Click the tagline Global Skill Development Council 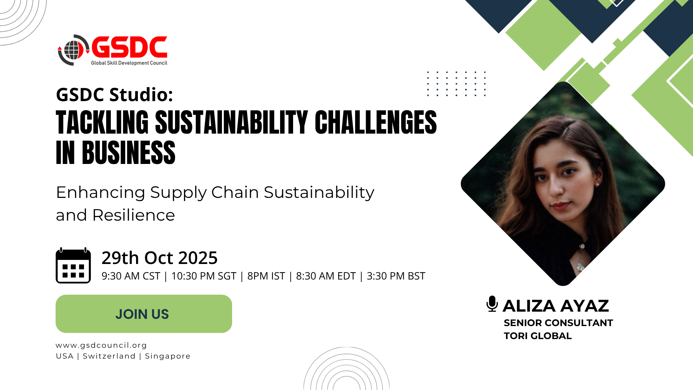coord(129,63)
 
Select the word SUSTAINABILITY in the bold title coord(231,122)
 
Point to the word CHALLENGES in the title coord(376,122)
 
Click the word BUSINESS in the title coord(128,153)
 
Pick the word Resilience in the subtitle coord(134,215)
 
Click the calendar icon coord(73,265)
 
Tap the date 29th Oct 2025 coord(160,258)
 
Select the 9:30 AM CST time coord(131,276)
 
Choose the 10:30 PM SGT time coord(204,276)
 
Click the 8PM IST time coord(266,276)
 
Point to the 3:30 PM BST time coord(396,276)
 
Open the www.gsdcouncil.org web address coord(101,346)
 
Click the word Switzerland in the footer coord(109,356)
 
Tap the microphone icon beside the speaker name coord(492,304)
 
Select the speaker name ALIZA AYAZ coord(556,306)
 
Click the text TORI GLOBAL coord(538,336)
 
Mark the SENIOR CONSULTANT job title coord(558,323)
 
